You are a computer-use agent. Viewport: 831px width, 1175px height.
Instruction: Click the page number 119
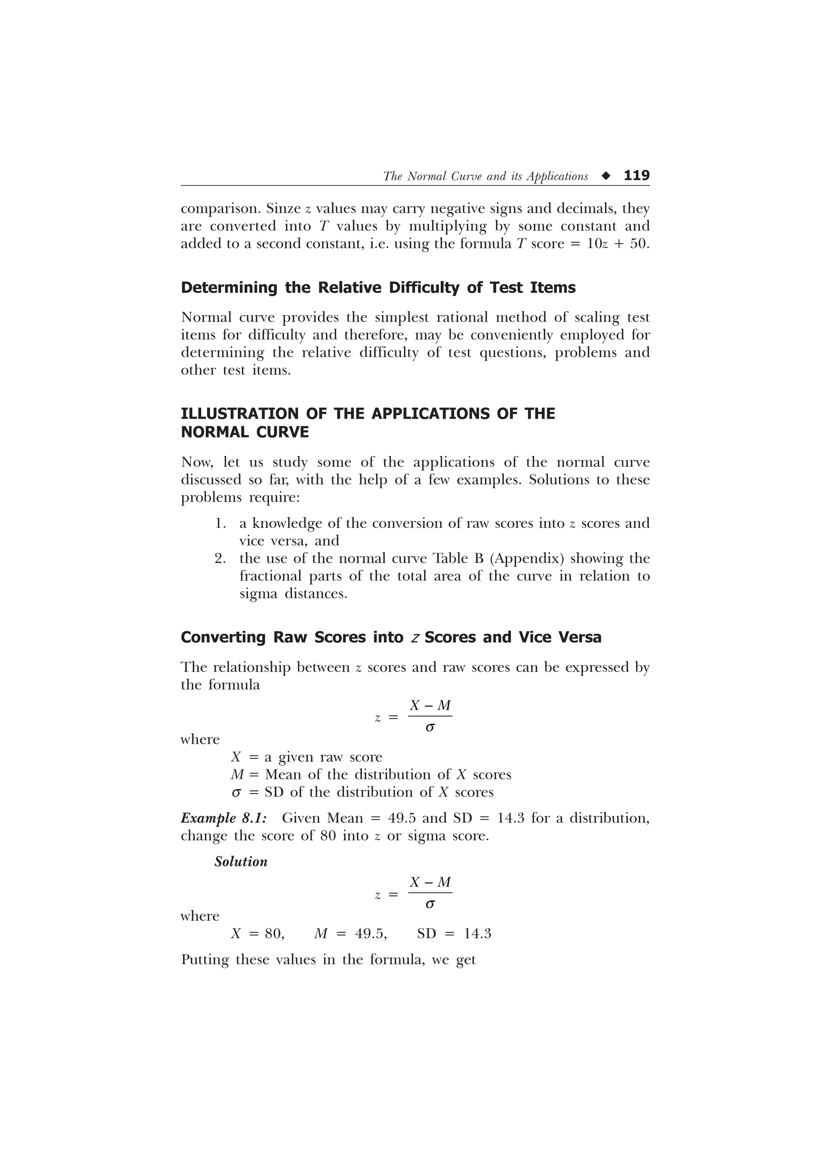coord(636,176)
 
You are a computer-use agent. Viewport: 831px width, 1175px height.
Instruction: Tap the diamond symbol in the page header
coord(606,176)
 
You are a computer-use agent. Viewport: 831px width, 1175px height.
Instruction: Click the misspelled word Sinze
coord(283,209)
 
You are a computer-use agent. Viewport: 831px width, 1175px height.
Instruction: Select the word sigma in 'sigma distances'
coord(258,594)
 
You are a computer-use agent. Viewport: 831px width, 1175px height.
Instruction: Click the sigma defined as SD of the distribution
coord(236,793)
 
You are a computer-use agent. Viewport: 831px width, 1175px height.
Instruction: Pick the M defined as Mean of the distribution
coord(237,775)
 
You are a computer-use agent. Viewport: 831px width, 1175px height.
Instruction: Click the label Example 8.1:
coord(224,818)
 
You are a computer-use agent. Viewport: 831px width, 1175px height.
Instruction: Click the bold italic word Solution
coord(241,862)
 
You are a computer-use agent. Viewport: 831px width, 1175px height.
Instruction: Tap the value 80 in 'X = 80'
coord(274,934)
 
